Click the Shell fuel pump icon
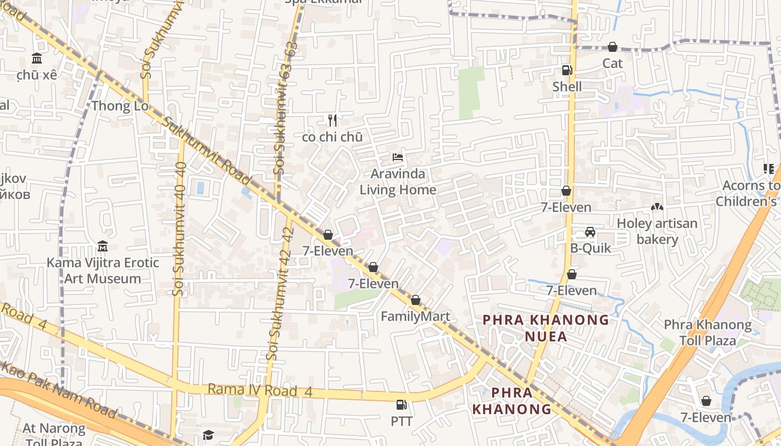(567, 70)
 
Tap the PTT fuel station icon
(401, 405)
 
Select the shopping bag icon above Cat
(612, 47)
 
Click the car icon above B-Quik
(590, 232)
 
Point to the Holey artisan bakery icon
(657, 207)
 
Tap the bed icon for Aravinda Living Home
(398, 157)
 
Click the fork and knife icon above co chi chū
(332, 120)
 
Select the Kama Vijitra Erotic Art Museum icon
(103, 246)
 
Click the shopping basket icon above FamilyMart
(416, 300)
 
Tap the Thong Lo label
(120, 106)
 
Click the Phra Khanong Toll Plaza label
(707, 332)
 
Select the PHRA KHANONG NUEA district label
(546, 328)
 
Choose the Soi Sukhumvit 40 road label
(179, 229)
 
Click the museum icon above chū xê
(37, 58)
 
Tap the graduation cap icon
(208, 435)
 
